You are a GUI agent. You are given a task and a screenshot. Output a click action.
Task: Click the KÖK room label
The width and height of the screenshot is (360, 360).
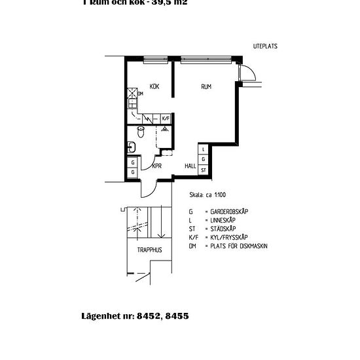pyautogui.click(x=154, y=86)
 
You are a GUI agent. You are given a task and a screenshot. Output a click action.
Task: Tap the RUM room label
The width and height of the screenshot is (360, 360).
pyautogui.click(x=206, y=86)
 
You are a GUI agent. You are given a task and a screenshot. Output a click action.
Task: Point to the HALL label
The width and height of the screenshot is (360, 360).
pyautogui.click(x=190, y=166)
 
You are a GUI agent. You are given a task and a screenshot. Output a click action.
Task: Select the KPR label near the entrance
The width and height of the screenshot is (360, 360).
pyautogui.click(x=156, y=166)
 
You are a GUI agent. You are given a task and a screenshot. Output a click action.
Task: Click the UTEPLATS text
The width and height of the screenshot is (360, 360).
pyautogui.click(x=265, y=46)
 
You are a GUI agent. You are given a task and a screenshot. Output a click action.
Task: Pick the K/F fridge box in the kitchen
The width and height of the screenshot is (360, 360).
pyautogui.click(x=166, y=118)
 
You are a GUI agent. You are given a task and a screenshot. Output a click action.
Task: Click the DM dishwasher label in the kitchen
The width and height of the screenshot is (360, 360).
pyautogui.click(x=140, y=94)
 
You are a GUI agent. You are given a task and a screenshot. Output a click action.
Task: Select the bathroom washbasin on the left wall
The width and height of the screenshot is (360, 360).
pyautogui.click(x=131, y=146)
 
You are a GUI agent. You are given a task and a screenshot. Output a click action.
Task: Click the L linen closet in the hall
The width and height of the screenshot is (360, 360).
pyautogui.click(x=204, y=150)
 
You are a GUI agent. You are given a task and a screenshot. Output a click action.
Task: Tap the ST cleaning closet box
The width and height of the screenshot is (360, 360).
pyautogui.click(x=204, y=170)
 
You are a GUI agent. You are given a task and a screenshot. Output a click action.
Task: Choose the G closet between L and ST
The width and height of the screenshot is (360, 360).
pyautogui.click(x=204, y=160)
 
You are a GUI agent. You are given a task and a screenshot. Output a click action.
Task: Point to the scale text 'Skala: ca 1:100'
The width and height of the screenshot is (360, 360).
pyautogui.click(x=206, y=195)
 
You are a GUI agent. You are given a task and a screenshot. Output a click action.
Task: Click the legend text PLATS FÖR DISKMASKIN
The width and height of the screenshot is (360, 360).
pyautogui.click(x=240, y=246)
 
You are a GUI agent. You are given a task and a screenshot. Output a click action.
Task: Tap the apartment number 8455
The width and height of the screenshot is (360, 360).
pyautogui.click(x=175, y=315)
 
